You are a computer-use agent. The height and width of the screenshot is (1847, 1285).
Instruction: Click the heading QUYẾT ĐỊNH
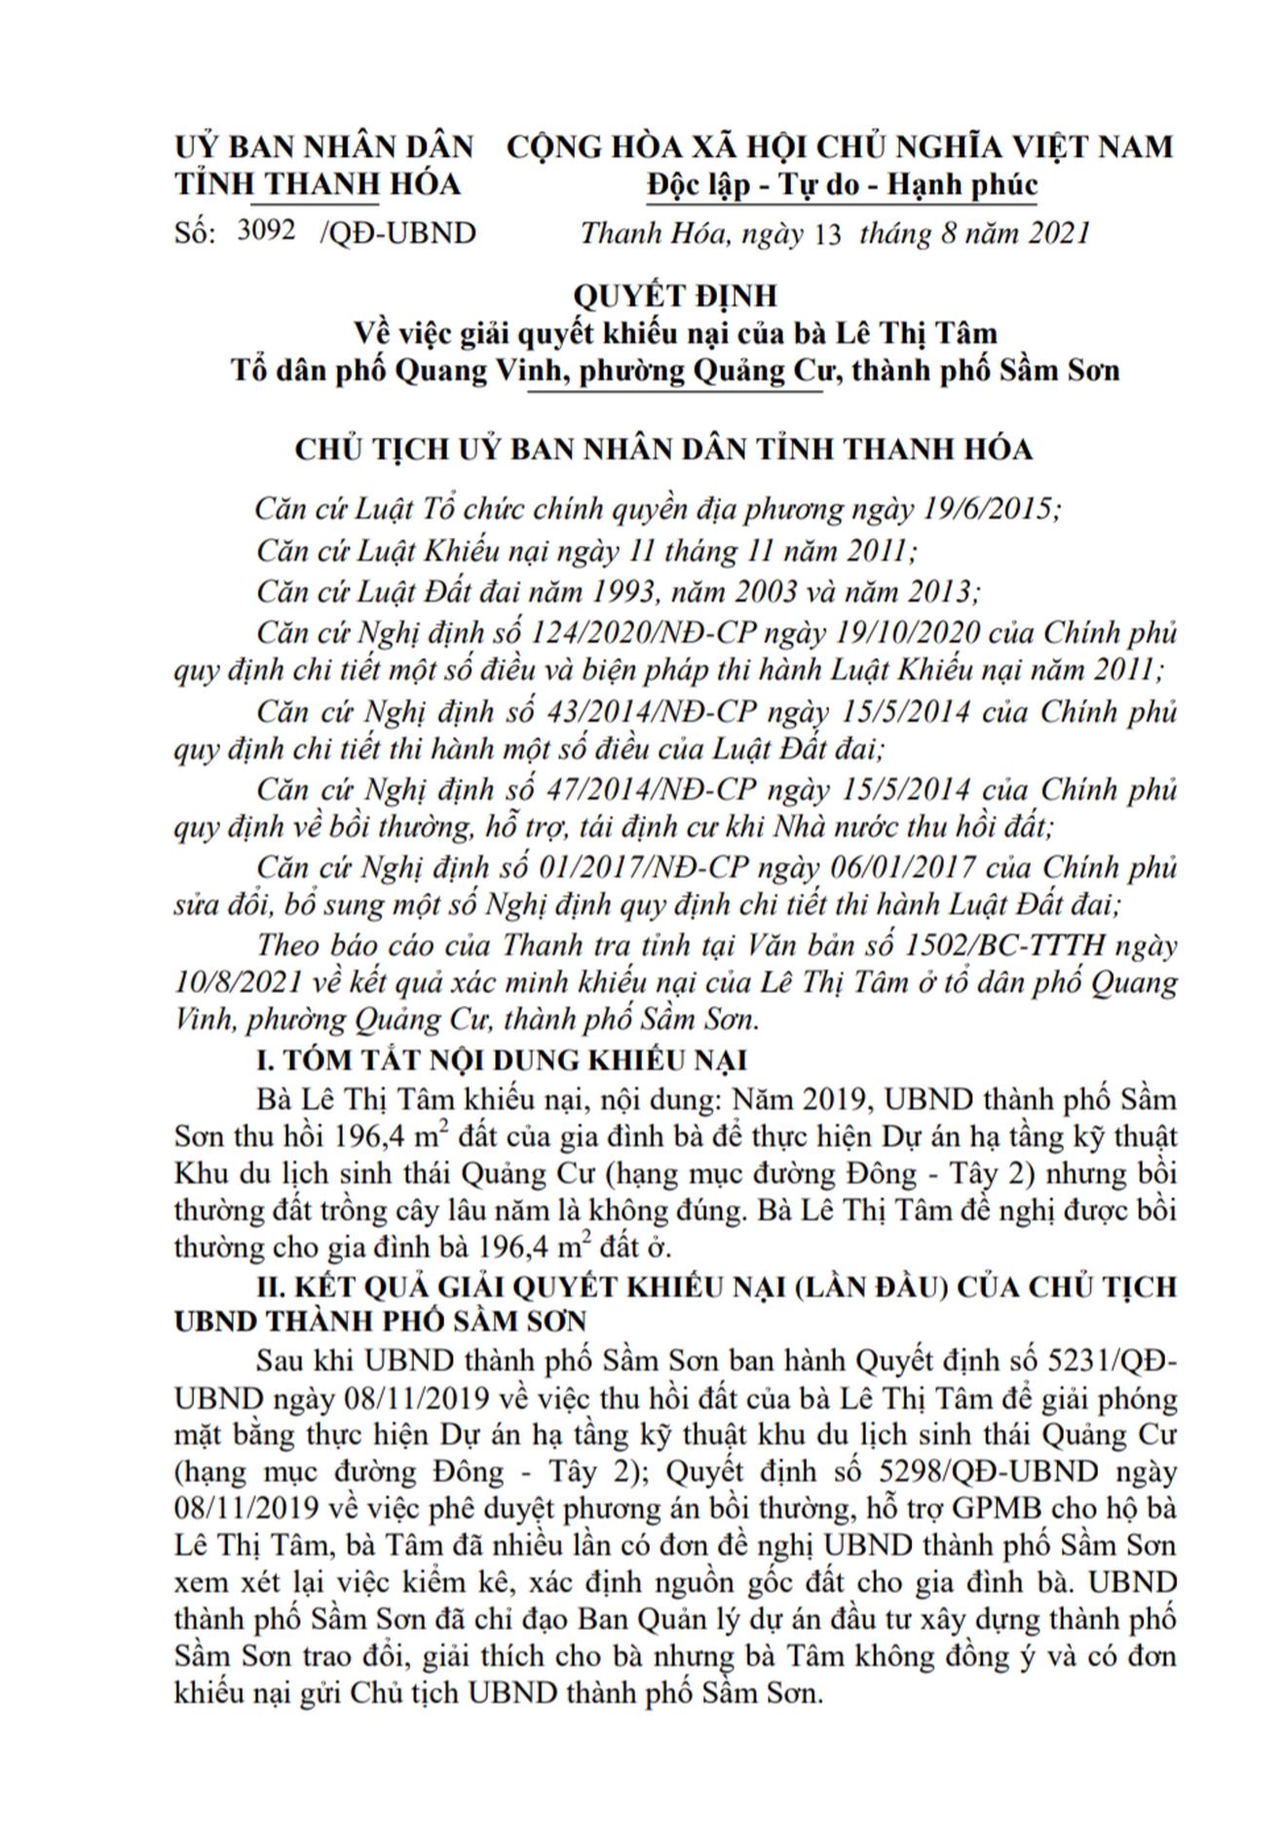tap(674, 294)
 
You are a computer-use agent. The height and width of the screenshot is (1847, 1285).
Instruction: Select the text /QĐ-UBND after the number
tap(397, 233)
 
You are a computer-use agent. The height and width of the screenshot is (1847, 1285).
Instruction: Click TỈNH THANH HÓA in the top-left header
tap(319, 185)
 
